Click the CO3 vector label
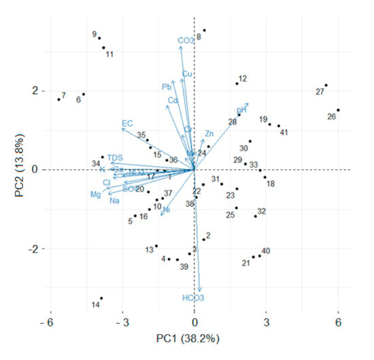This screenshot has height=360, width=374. click(x=186, y=41)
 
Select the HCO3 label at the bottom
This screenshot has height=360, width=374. click(x=193, y=298)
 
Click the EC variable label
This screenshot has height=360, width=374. click(x=127, y=123)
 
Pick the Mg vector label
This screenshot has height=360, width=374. click(x=95, y=195)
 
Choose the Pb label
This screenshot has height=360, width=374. click(x=167, y=86)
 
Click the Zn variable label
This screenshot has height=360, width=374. click(x=209, y=133)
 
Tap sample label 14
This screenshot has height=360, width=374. click(x=96, y=304)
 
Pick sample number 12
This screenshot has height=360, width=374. click(x=243, y=79)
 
